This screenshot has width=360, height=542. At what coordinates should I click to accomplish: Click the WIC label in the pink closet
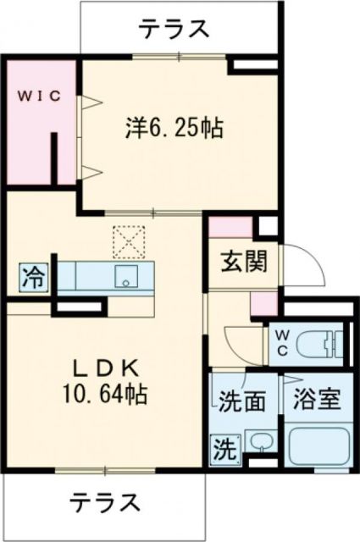36,95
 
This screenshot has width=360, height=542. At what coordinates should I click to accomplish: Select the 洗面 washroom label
244,399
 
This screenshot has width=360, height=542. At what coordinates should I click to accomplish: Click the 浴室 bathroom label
317,399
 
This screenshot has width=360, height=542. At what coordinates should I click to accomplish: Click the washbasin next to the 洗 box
260,444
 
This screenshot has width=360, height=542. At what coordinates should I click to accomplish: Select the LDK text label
106,370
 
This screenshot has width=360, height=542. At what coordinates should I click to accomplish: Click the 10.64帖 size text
106,395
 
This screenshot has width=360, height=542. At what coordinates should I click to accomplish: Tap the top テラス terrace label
174,29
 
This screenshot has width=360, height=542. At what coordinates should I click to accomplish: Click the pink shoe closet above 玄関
230,226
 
